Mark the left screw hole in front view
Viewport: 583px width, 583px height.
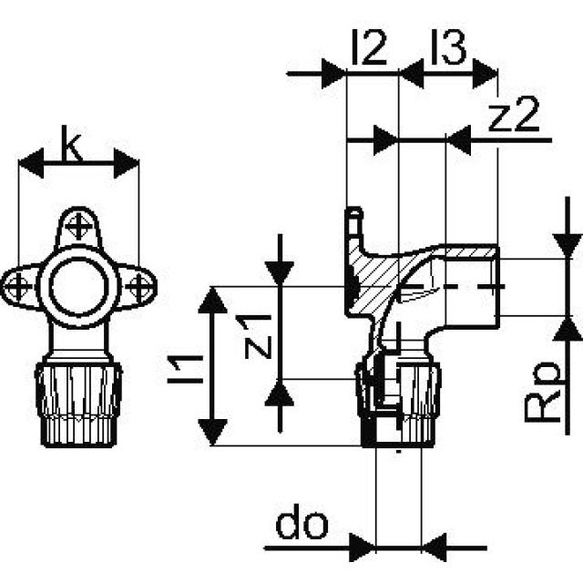[17, 288]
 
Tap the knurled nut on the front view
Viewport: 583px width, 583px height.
[79, 401]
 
